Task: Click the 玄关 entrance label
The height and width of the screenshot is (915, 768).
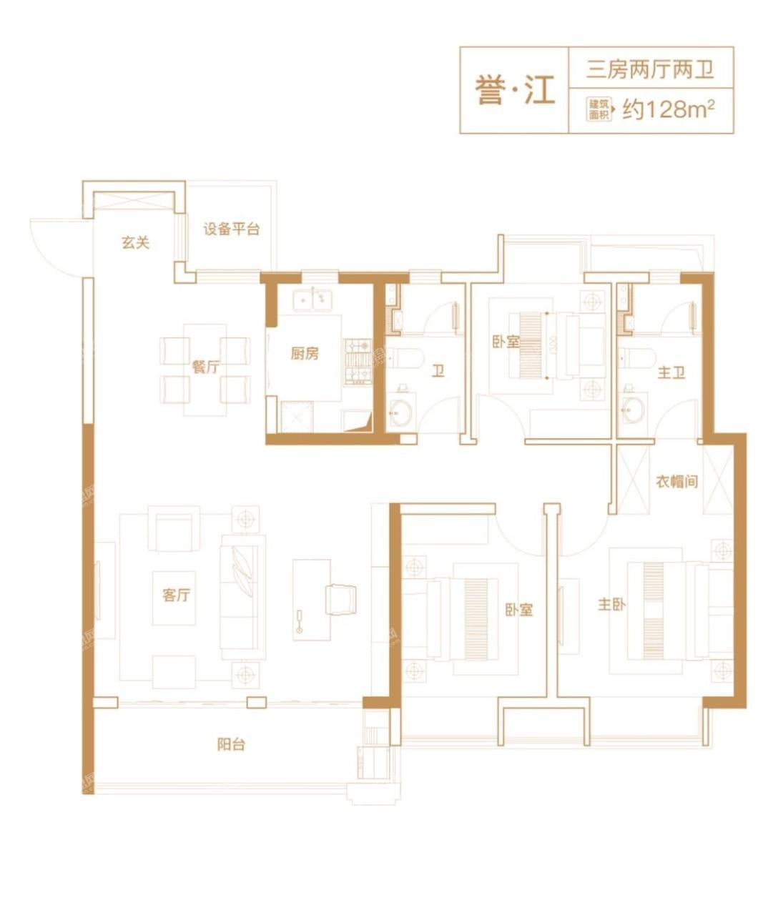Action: click(x=135, y=242)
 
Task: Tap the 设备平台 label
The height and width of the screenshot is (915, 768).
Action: click(x=231, y=229)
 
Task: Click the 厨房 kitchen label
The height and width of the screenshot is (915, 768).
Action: click(x=305, y=353)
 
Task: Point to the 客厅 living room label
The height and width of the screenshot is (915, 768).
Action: click(x=176, y=595)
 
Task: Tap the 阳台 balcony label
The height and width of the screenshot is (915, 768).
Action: click(x=231, y=744)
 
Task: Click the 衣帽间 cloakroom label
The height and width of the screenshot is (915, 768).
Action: click(x=676, y=482)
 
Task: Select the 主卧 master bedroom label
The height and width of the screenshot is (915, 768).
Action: click(x=611, y=604)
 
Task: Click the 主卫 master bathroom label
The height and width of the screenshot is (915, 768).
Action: click(x=671, y=373)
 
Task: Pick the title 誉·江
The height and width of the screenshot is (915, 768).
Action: click(x=516, y=90)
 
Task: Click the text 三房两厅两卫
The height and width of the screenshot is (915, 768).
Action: click(x=650, y=70)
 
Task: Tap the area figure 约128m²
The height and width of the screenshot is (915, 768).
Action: click(x=669, y=109)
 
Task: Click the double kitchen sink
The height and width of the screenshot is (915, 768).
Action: click(x=312, y=300)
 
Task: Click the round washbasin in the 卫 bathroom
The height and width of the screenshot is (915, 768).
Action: click(x=400, y=410)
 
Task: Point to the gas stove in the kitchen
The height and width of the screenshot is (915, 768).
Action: click(x=358, y=362)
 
